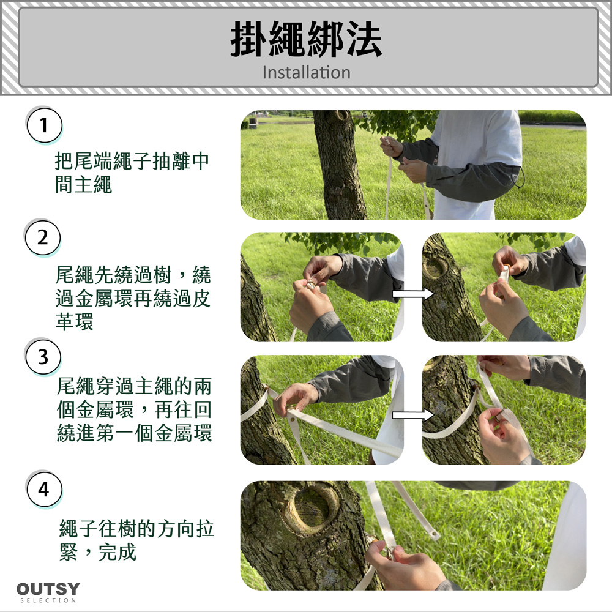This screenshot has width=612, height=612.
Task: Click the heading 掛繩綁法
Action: (306, 39)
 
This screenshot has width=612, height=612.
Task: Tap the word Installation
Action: (307, 73)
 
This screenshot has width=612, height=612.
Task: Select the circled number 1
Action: (44, 125)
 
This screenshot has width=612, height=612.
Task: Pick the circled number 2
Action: (43, 237)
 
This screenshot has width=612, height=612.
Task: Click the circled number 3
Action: (43, 357)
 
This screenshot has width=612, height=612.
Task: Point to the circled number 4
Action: (44, 489)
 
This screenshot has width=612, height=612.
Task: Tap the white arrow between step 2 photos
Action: (413, 294)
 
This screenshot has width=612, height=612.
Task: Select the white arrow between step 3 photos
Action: (413, 415)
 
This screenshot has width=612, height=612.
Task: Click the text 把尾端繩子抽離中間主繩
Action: (132, 173)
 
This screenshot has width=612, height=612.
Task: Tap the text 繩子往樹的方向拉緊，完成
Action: (136, 540)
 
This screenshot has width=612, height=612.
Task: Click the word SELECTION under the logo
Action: (48, 600)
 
